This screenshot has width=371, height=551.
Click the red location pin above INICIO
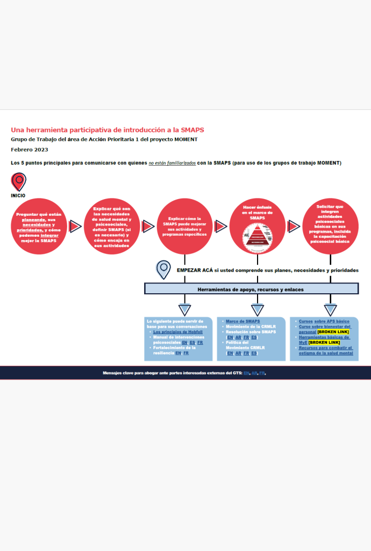pyautogui.click(x=19, y=181)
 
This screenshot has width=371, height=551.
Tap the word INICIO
pyautogui.click(x=18, y=195)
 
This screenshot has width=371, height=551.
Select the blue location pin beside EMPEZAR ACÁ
pyautogui.click(x=163, y=269)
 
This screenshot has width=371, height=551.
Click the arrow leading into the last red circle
pyautogui.click(x=294, y=227)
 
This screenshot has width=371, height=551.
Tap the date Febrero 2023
pyautogui.click(x=30, y=149)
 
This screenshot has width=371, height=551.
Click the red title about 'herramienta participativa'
pyautogui.click(x=108, y=130)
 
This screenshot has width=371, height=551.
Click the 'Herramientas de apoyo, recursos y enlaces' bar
pyautogui.click(x=251, y=289)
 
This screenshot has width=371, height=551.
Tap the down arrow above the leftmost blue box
pyautogui.click(x=184, y=309)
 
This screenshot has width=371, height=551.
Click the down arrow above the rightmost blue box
pyautogui.click(x=330, y=309)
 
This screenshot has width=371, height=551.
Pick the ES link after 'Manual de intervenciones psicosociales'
pyautogui.click(x=192, y=343)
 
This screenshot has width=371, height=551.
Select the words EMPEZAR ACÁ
pyautogui.click(x=191, y=270)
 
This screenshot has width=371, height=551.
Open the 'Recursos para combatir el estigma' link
pyautogui.click(x=326, y=350)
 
